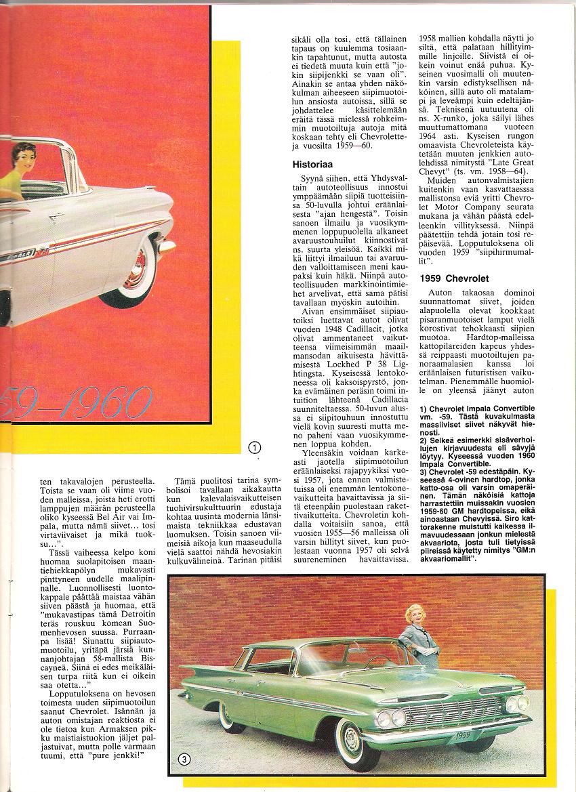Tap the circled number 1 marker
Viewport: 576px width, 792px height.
(x=255, y=446)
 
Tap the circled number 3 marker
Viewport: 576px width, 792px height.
(x=183, y=759)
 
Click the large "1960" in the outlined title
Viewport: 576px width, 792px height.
(x=102, y=404)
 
